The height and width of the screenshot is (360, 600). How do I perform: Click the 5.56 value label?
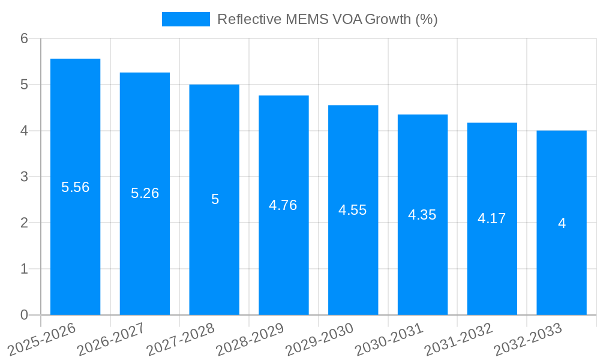[x=75, y=187]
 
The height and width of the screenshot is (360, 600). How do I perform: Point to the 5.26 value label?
[x=145, y=193]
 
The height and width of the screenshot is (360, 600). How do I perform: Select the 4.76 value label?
[x=283, y=205]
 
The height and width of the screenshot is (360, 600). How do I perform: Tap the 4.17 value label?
[x=492, y=218]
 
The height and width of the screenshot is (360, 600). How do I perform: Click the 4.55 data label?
[x=353, y=210]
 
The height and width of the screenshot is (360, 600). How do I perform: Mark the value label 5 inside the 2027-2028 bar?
[x=215, y=199]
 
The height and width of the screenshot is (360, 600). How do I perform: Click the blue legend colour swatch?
[x=185, y=19]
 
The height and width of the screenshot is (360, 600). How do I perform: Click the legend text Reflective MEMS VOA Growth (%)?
[x=327, y=19]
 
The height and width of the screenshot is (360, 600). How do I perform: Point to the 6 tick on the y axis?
[x=24, y=38]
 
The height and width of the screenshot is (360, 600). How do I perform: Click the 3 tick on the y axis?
[x=24, y=177]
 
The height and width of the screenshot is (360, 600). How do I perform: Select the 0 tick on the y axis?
[x=24, y=315]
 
